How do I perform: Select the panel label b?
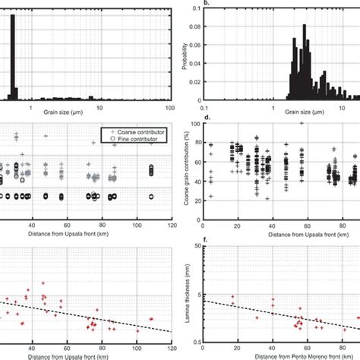click(x=186, y=4)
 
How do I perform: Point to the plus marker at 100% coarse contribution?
click(x=302, y=124)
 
